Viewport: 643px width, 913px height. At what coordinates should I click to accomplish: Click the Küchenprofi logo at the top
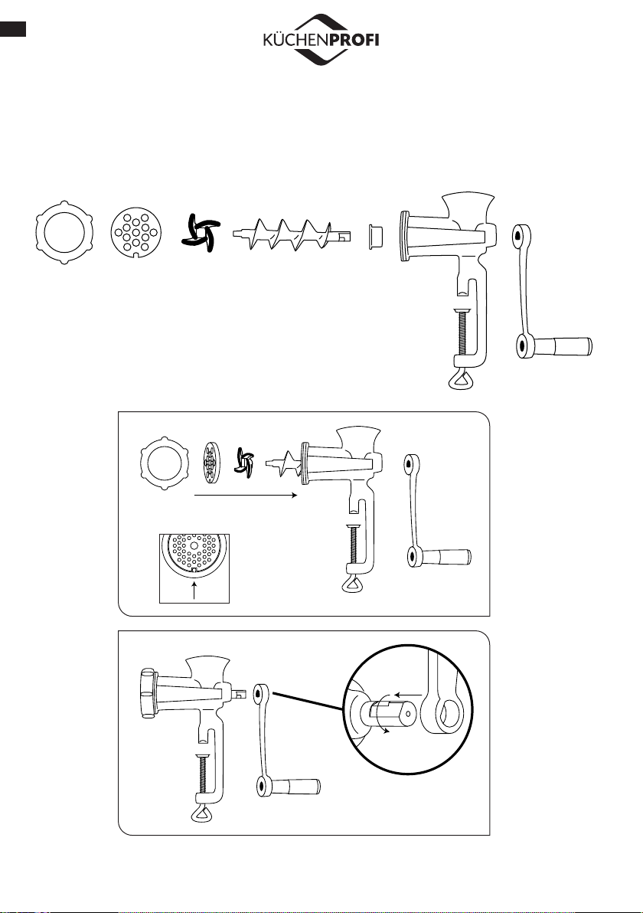click(x=321, y=40)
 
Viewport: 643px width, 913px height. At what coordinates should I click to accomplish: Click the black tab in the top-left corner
click(x=13, y=29)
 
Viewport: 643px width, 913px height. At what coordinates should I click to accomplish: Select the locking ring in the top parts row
click(x=64, y=234)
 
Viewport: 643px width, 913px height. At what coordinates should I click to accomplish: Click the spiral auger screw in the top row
click(x=291, y=235)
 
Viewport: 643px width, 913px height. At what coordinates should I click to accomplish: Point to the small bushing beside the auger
click(x=375, y=236)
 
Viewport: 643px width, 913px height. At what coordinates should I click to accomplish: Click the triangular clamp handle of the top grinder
click(x=461, y=378)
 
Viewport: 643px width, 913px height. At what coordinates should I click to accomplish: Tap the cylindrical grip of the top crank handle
click(x=563, y=346)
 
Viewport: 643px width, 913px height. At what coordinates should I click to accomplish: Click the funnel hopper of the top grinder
click(x=468, y=208)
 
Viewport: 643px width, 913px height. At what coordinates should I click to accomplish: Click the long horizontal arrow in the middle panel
click(x=245, y=496)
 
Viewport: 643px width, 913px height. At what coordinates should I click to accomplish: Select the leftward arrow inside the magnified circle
click(x=408, y=695)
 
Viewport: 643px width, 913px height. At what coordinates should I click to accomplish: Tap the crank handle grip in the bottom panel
click(x=297, y=787)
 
